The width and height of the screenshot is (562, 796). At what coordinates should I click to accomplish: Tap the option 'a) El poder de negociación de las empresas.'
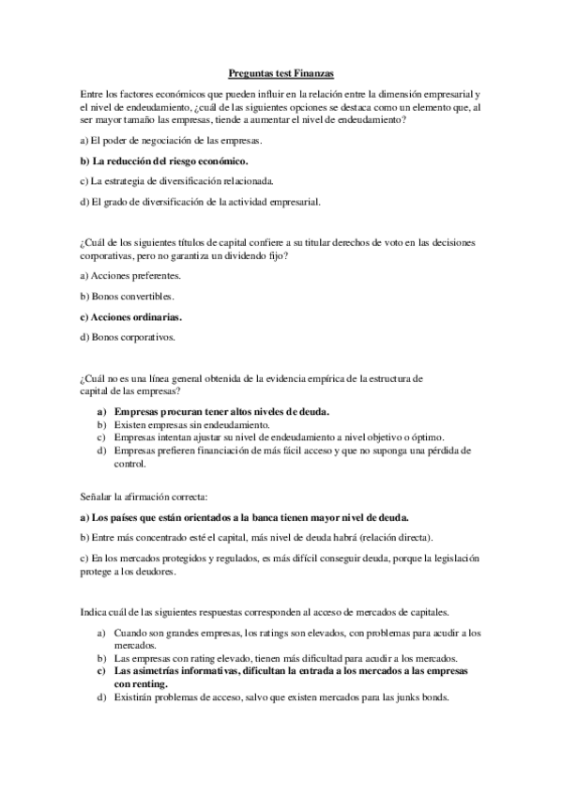(171, 141)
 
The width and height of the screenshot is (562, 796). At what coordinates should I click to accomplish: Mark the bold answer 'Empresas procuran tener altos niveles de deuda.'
(221, 412)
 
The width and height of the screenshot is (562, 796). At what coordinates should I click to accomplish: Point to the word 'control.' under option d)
(129, 464)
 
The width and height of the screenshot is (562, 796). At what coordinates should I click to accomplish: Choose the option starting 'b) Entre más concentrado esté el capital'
(257, 538)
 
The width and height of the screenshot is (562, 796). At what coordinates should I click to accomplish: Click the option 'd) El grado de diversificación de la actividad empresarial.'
(201, 201)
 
